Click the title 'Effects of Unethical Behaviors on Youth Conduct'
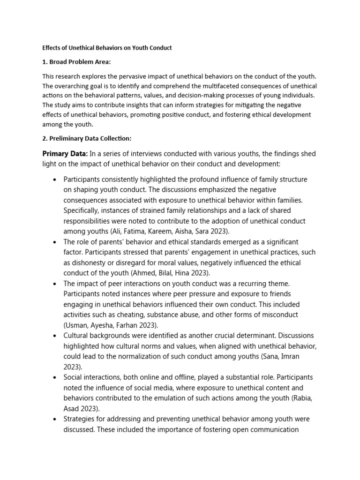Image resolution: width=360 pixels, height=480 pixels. tap(107, 48)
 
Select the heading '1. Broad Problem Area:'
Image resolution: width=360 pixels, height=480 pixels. tap(76, 62)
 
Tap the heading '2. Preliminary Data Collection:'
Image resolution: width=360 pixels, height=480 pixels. tap(87, 138)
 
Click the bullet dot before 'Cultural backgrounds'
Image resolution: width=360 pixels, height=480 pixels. tap(55, 336)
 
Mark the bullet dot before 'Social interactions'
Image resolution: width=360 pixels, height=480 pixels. tap(55, 377)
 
